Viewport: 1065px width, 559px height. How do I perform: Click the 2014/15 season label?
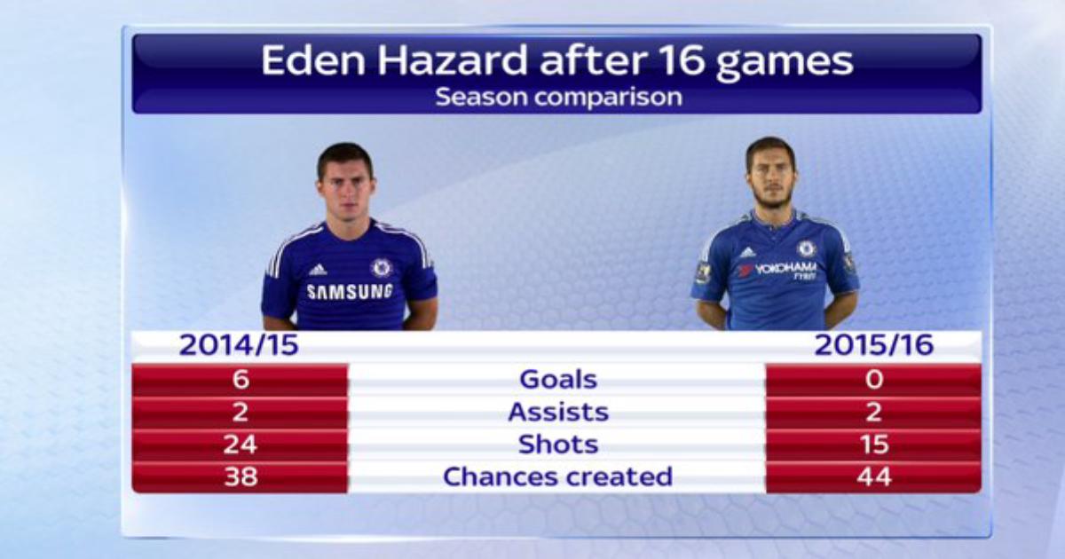click(x=239, y=344)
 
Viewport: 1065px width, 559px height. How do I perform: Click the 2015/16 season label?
click(x=874, y=344)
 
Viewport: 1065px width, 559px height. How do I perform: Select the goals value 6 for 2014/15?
click(x=241, y=380)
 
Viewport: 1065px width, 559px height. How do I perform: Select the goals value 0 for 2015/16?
click(x=874, y=380)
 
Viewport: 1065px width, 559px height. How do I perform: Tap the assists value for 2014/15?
click(x=241, y=412)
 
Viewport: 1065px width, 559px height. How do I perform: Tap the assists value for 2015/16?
click(x=874, y=412)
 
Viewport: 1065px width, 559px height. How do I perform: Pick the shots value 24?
click(x=241, y=445)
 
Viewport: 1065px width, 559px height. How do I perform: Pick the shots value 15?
click(x=875, y=445)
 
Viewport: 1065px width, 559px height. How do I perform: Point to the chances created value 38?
click(x=241, y=476)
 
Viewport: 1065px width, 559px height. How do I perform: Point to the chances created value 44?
click(x=874, y=476)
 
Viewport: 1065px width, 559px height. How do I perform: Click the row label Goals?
click(x=558, y=380)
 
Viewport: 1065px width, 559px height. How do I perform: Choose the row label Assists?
click(x=558, y=412)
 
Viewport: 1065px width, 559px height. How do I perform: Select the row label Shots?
click(x=558, y=445)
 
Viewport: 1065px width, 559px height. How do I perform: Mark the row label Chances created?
click(x=557, y=476)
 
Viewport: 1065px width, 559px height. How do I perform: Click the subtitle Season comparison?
click(x=558, y=97)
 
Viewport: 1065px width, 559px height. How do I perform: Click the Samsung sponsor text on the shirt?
click(x=350, y=291)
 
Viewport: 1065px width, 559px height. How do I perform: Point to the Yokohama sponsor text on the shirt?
click(x=784, y=269)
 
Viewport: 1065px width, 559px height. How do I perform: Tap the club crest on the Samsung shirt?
click(x=381, y=268)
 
